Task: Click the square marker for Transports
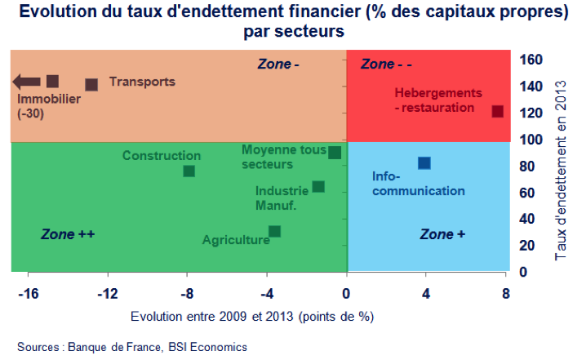point(91,84)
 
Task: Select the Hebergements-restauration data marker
point(498,111)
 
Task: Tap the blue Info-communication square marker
point(424,163)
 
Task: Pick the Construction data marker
point(189,171)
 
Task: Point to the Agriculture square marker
point(275,231)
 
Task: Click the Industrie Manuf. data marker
point(318,187)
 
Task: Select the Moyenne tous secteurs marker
point(335,152)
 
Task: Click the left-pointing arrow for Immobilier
point(27,81)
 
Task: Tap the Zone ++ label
point(69,234)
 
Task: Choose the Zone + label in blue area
point(442,234)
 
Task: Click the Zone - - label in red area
point(387,64)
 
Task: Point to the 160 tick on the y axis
point(531,60)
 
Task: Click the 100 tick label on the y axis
point(531,140)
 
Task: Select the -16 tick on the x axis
point(28,292)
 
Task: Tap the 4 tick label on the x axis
point(426,292)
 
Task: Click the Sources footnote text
point(131,347)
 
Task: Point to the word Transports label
point(142,82)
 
